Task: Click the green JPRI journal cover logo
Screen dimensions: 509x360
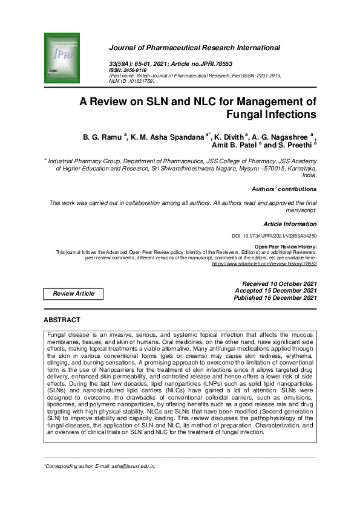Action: [62, 59]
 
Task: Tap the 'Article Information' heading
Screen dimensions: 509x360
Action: [290, 224]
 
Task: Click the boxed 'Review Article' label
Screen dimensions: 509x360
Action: [74, 294]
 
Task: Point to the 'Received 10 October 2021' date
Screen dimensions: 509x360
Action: [279, 284]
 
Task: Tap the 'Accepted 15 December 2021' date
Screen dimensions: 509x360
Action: [275, 291]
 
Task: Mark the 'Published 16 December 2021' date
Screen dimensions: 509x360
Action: [275, 298]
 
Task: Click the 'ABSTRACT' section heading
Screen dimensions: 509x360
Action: [62, 320]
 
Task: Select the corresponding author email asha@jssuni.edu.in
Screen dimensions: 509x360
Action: [129, 467]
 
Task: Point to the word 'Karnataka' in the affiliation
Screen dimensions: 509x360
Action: [299, 169]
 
